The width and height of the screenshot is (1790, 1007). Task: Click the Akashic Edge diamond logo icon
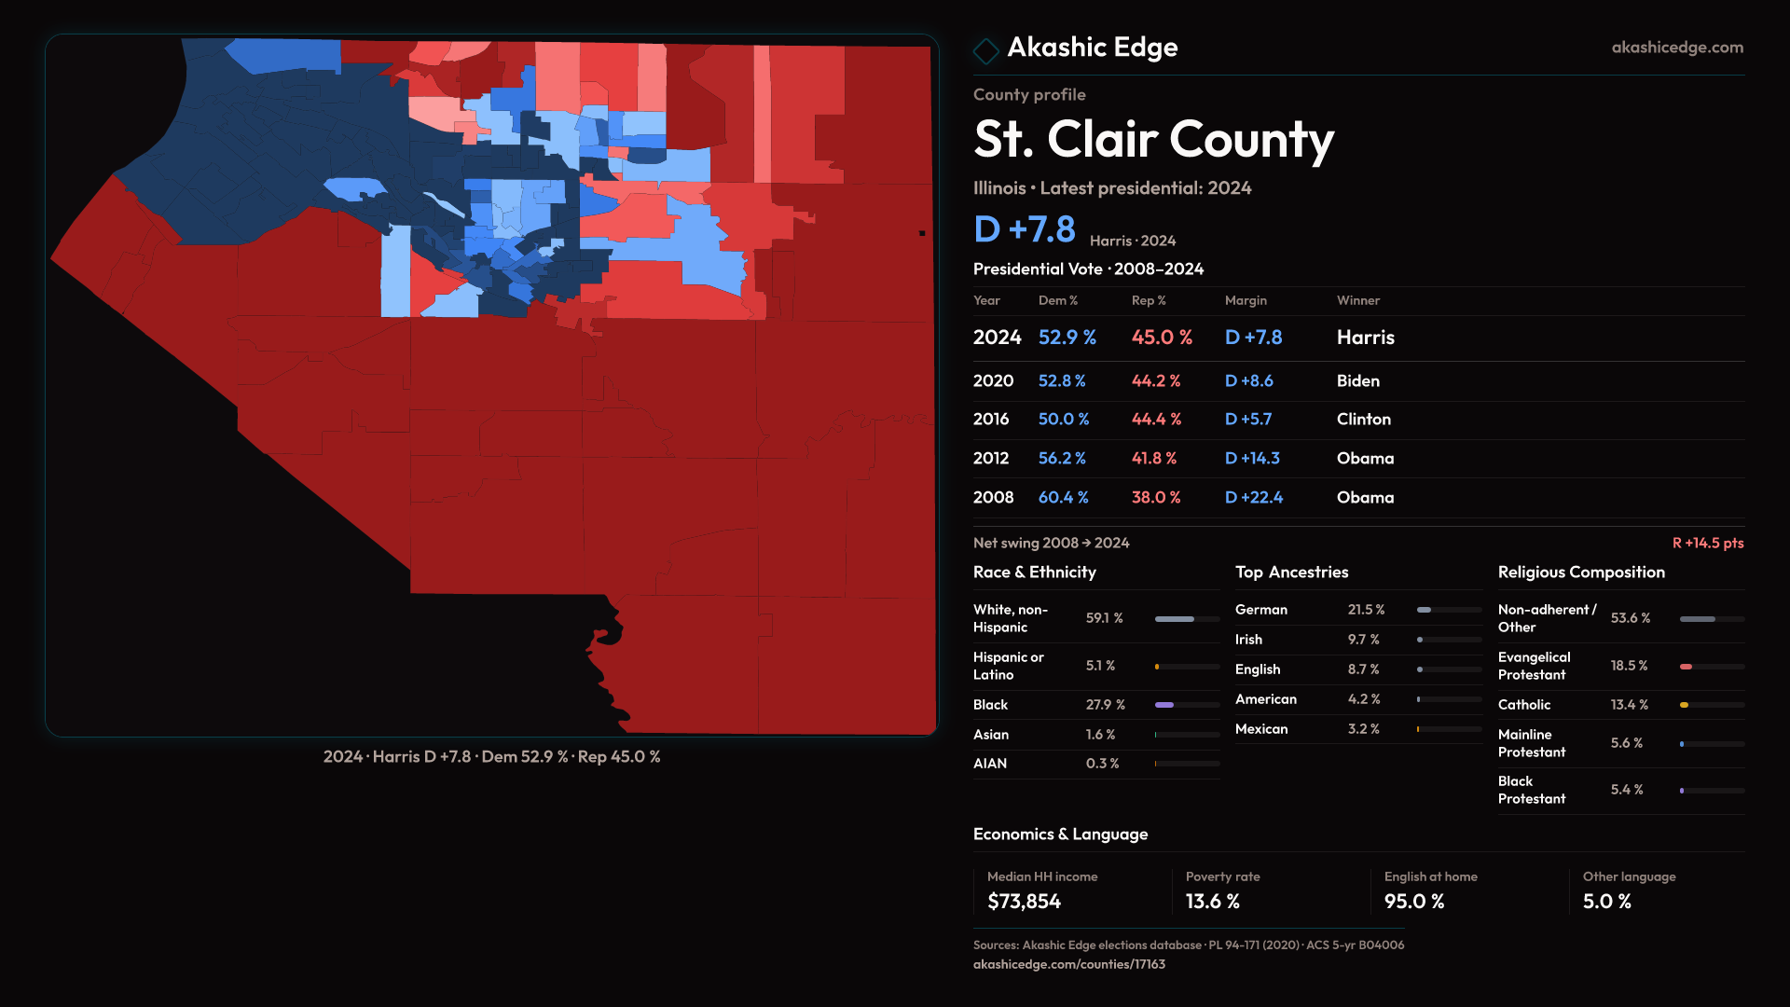pyautogui.click(x=985, y=50)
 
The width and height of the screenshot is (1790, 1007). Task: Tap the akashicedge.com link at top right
pyautogui.click(x=1677, y=48)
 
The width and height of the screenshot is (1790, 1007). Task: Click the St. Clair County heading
pyautogui.click(x=1153, y=140)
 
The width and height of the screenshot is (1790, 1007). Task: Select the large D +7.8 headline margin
pyautogui.click(x=1025, y=229)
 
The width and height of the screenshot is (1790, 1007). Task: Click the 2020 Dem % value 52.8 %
pyautogui.click(x=1062, y=381)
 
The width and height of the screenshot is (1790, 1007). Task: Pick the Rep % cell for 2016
pyautogui.click(x=1156, y=420)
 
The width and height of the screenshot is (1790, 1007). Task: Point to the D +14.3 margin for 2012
pyautogui.click(x=1252, y=459)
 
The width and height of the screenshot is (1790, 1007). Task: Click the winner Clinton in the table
pyautogui.click(x=1363, y=420)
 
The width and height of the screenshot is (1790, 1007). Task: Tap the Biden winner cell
pyautogui.click(x=1357, y=381)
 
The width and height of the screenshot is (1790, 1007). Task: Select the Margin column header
pyautogui.click(x=1246, y=300)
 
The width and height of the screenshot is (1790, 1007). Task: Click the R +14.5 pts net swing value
pyautogui.click(x=1707, y=543)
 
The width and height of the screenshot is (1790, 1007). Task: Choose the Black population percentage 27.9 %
pyautogui.click(x=1105, y=705)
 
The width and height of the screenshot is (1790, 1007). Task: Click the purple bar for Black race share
pyautogui.click(x=1164, y=705)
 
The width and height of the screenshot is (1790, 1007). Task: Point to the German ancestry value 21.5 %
pyautogui.click(x=1366, y=610)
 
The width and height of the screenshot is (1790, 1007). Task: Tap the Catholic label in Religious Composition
pyautogui.click(x=1523, y=705)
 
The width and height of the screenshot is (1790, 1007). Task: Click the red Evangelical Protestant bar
pyautogui.click(x=1686, y=667)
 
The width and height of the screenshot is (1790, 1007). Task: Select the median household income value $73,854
pyautogui.click(x=1024, y=902)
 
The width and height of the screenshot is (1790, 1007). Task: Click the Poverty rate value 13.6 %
pyautogui.click(x=1212, y=902)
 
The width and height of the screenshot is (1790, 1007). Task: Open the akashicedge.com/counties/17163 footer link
pyautogui.click(x=1068, y=964)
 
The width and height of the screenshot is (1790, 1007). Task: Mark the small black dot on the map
pyautogui.click(x=922, y=233)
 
